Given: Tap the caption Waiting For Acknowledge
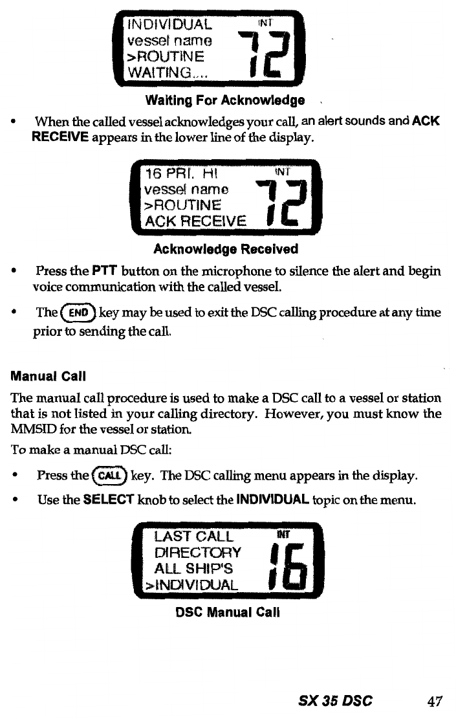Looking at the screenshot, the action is [225, 101].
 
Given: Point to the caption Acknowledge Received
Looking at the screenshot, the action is [225, 249].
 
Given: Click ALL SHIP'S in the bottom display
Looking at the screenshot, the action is [193, 568].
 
